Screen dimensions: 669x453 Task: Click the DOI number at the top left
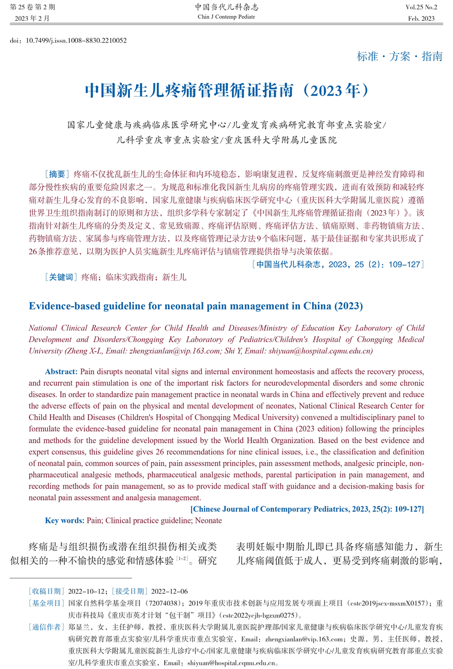(76, 40)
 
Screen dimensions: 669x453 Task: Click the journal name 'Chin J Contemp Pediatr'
(226, 17)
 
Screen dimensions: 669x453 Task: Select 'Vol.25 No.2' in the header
(421, 7)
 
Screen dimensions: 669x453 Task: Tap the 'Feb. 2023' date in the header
(421, 19)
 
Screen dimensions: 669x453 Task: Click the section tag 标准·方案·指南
(399, 56)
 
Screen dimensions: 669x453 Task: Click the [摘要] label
(57, 174)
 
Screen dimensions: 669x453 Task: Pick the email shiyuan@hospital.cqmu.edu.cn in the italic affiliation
(320, 351)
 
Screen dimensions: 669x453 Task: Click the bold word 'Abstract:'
(61, 372)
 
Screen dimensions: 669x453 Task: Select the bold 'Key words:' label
(64, 520)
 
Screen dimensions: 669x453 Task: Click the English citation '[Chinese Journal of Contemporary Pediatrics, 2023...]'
(307, 509)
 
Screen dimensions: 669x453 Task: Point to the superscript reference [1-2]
(182, 558)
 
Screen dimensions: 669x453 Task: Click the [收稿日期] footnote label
(46, 591)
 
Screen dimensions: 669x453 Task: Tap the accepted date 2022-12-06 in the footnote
(169, 591)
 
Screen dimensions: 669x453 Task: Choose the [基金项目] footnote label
(46, 603)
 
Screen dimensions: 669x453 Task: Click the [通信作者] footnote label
(46, 627)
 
